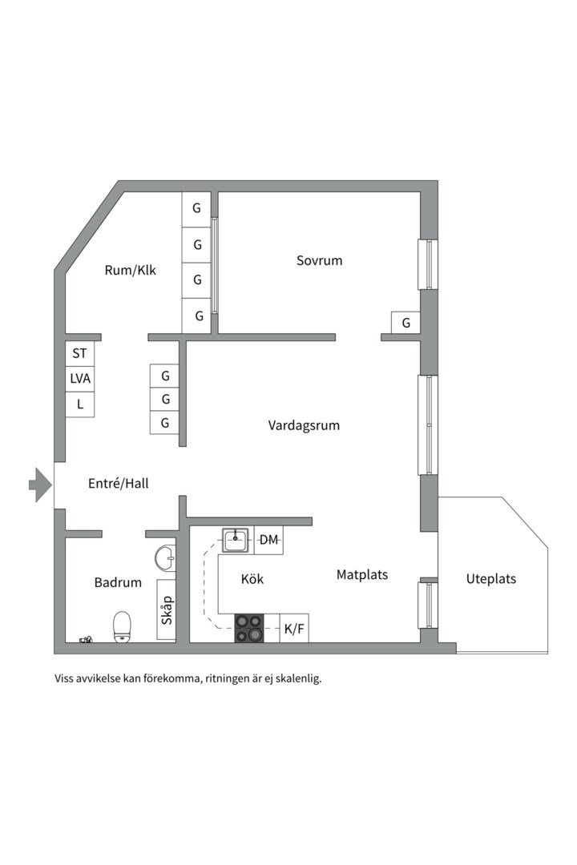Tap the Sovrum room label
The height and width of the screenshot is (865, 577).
point(319,260)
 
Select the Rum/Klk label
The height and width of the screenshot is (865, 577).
point(131,270)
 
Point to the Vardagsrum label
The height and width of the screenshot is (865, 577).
point(304,425)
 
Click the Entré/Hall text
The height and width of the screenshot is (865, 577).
point(118,484)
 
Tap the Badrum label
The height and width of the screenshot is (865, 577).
point(118,582)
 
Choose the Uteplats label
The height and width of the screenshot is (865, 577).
point(491,579)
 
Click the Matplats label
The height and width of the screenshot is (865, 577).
point(362,574)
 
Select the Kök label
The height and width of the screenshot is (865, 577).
point(252,579)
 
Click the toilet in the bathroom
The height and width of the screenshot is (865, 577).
point(122,626)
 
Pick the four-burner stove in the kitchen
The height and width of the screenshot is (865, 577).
point(248,628)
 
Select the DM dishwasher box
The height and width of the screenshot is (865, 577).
point(269,541)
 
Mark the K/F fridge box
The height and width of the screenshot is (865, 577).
point(294,629)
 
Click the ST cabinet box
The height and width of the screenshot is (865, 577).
point(79,352)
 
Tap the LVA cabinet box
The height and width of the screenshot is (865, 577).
point(80,378)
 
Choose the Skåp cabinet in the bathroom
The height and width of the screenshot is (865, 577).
point(167,610)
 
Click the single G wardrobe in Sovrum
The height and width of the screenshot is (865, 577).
point(406,323)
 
